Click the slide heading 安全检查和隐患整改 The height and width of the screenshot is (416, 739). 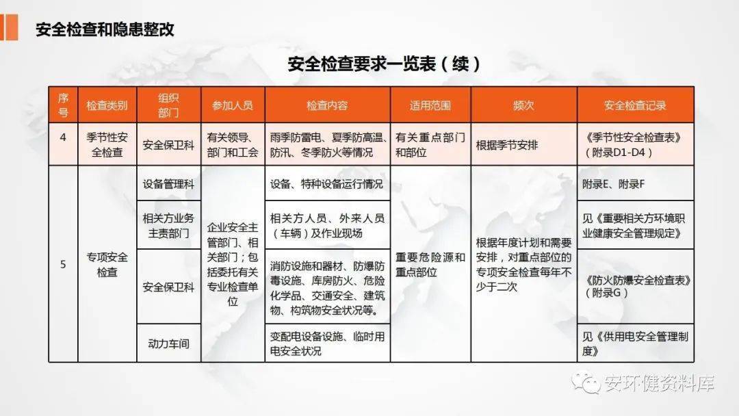coord(105,29)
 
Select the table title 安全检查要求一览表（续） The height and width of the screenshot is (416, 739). coord(384,64)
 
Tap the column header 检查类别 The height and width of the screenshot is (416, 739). coord(107,105)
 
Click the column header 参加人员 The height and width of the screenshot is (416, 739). coord(233,105)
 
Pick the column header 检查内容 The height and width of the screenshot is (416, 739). coord(327,105)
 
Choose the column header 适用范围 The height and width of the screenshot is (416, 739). coord(430,105)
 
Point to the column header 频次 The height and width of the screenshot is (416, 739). coord(523,105)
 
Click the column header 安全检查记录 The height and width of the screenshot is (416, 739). coord(635,105)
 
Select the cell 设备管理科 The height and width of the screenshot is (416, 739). coord(168,183)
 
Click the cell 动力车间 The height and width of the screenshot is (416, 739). coord(168,343)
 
